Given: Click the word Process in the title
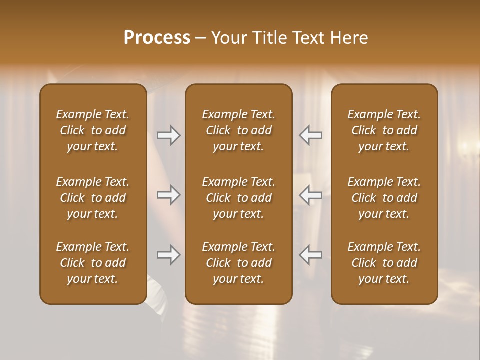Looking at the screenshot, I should [x=157, y=38].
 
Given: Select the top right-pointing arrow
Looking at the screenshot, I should [x=168, y=135].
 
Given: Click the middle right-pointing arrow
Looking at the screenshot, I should [x=168, y=195].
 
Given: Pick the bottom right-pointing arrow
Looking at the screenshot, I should [x=168, y=255].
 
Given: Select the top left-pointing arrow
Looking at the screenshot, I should [x=311, y=135].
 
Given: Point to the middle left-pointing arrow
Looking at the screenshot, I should [x=311, y=195].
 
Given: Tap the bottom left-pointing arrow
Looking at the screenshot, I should [x=311, y=255].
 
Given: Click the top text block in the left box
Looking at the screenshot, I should [x=93, y=130].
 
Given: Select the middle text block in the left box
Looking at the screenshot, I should [x=93, y=198].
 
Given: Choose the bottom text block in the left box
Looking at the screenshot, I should [x=93, y=263].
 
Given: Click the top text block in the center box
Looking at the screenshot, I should [x=239, y=130].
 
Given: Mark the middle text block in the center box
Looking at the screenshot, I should [x=239, y=198].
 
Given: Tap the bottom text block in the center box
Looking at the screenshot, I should [x=239, y=263].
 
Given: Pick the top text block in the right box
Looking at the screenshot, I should [x=384, y=130].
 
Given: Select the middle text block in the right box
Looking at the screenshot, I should [x=384, y=198].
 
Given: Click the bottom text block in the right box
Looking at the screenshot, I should [x=384, y=263].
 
